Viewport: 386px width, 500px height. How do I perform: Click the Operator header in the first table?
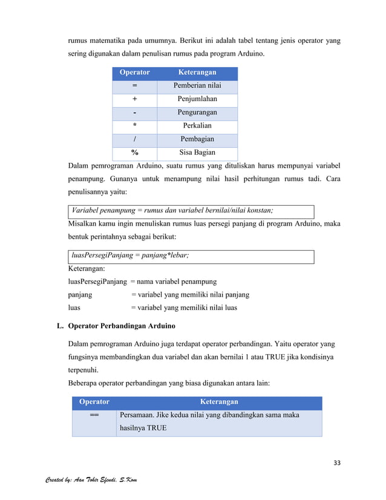pos(134,73)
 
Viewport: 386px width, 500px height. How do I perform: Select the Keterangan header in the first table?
pos(197,73)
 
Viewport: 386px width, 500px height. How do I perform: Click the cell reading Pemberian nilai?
pos(197,86)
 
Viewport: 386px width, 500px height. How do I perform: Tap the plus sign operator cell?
pos(134,99)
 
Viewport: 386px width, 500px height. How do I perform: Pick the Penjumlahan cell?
pos(197,99)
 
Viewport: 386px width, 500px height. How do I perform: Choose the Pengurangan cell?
pos(197,113)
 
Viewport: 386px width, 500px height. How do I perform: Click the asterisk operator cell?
pos(134,126)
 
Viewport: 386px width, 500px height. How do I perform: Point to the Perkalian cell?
pos(197,126)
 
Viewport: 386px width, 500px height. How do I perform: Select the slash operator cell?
pos(134,139)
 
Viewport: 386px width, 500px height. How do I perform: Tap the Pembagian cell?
pos(197,139)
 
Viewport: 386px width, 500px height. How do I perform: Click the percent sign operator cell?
pos(134,153)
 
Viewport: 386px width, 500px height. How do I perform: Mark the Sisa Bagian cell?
pos(197,153)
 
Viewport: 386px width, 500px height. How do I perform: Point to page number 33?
pos(337,463)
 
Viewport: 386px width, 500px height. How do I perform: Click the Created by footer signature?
pos(91,480)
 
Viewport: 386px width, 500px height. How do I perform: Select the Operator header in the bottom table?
pos(94,402)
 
